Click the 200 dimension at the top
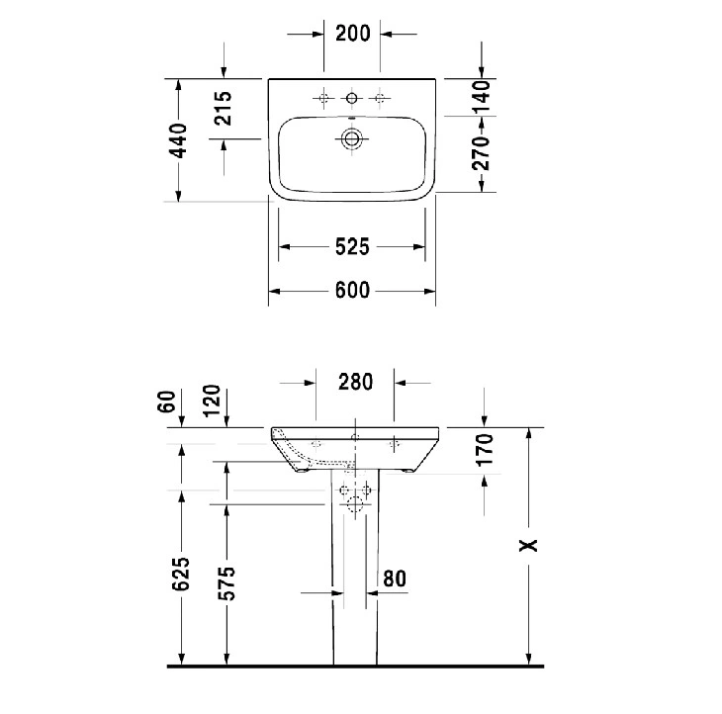click(353, 34)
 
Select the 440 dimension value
click(178, 140)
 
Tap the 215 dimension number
click(224, 108)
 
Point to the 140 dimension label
click(482, 97)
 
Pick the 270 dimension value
click(482, 153)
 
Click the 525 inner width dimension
click(352, 247)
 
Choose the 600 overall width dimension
click(352, 291)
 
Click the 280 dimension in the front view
click(355, 382)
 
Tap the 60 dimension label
click(167, 402)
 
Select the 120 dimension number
click(212, 401)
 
